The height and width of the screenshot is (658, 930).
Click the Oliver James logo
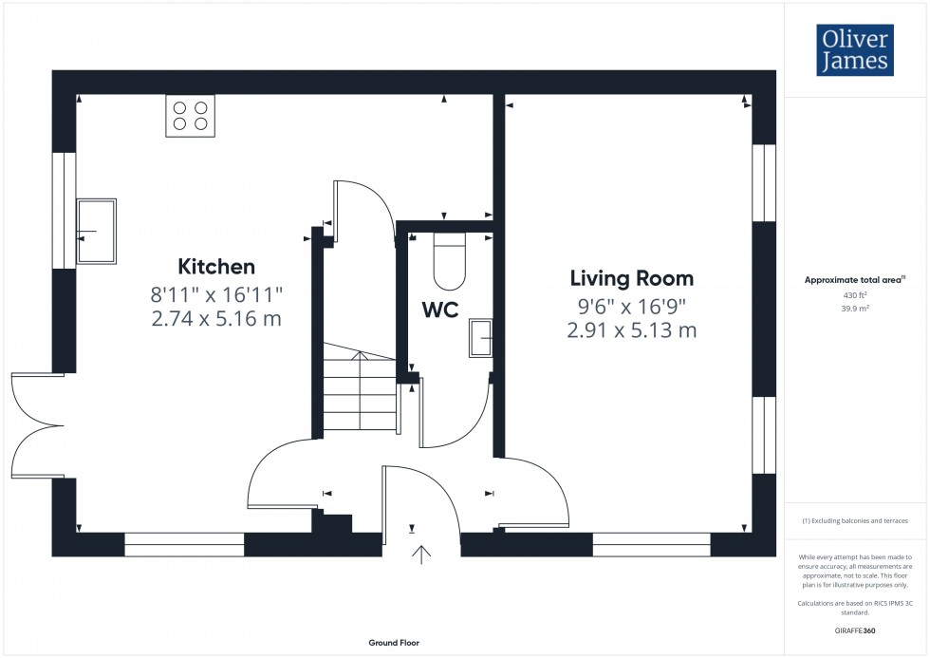855,50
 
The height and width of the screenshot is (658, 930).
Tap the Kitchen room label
216,267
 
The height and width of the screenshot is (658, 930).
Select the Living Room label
631,278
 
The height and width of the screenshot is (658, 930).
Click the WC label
440,310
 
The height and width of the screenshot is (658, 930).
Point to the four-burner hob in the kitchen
190,115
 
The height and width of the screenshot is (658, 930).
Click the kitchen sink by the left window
96,231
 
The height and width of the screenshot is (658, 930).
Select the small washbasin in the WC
481,337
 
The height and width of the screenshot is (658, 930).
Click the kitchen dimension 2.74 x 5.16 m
216,319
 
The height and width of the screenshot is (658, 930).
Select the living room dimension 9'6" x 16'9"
631,306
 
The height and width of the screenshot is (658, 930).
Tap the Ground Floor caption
394,643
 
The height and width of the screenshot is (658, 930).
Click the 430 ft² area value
856,295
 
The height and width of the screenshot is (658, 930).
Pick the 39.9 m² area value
856,309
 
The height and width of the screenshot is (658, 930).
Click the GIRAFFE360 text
856,630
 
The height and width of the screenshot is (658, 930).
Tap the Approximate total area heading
856,280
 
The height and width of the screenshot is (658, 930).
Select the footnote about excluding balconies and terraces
856,521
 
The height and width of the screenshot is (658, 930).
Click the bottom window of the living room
651,544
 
